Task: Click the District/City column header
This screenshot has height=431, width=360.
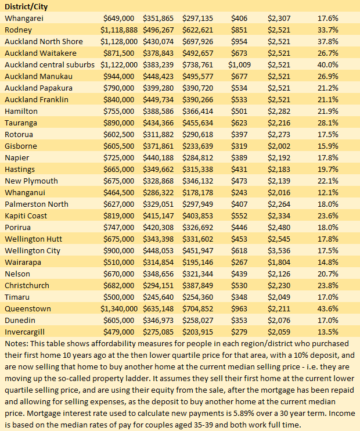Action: point(26,6)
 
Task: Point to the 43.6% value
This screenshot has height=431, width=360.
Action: point(327,308)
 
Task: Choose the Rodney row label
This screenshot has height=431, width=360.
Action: point(18,30)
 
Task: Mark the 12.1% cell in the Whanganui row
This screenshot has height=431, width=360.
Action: point(327,192)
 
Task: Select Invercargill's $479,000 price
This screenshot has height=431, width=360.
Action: point(121,332)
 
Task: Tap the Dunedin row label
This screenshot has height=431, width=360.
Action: point(20,320)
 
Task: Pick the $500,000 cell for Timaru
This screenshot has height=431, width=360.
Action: point(121,297)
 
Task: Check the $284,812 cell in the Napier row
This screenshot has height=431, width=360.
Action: point(197,157)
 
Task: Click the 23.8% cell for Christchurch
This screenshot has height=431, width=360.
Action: point(327,285)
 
